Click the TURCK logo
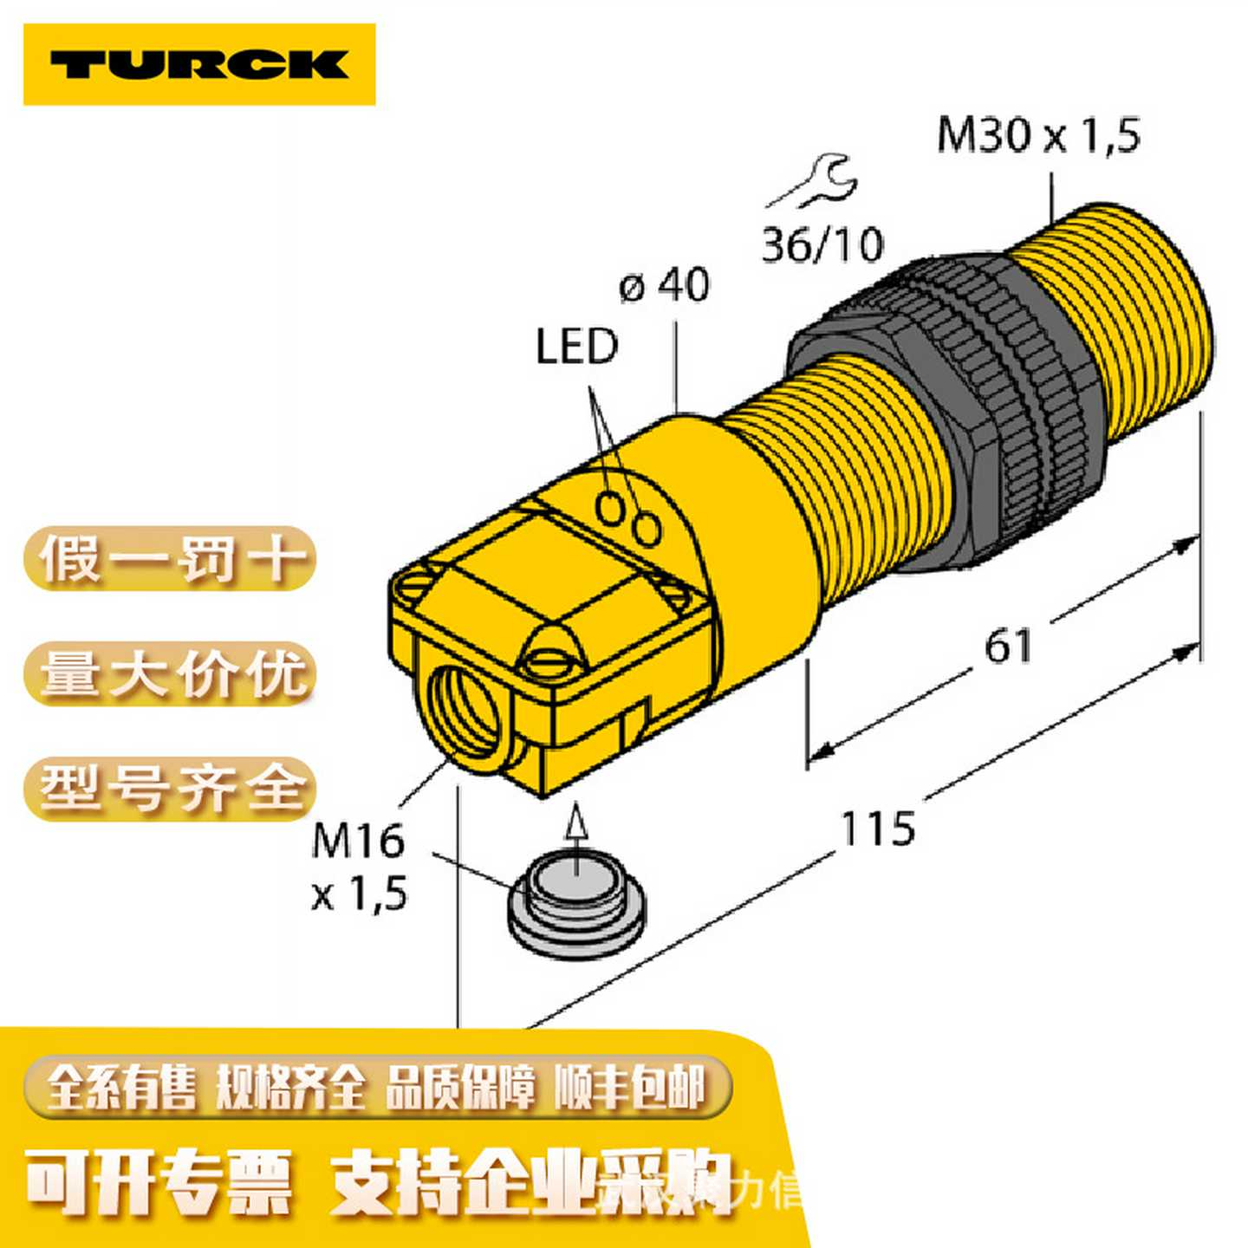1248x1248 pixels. pyautogui.click(x=199, y=65)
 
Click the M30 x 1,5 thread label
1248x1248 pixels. pyautogui.click(x=1038, y=136)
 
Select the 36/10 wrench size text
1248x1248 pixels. pyautogui.click(x=822, y=244)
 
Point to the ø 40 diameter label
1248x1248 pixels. pyautogui.click(x=665, y=285)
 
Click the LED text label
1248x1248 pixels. pyautogui.click(x=576, y=347)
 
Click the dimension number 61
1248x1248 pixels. pyautogui.click(x=1008, y=647)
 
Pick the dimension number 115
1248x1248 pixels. pyautogui.click(x=878, y=829)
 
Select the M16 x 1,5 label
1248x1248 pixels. pyautogui.click(x=359, y=866)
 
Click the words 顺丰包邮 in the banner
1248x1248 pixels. pyautogui.click(x=630, y=1088)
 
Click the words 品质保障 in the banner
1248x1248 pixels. pyautogui.click(x=460, y=1088)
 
